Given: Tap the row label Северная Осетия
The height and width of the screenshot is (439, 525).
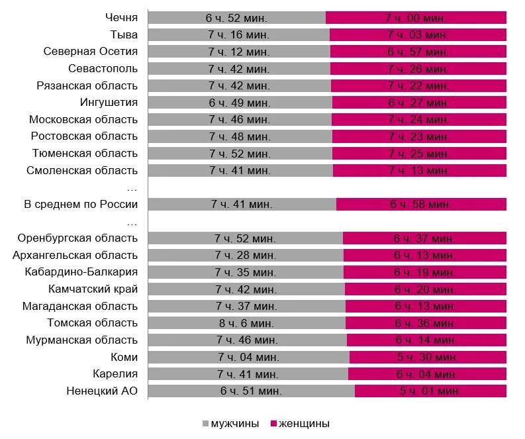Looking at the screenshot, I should pos(91,51).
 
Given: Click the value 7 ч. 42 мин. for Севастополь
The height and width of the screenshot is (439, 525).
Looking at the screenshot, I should pos(238,68).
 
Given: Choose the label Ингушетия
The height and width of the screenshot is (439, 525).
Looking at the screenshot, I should pos(109,102).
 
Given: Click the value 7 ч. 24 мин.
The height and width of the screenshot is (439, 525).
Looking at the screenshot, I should pos(418,120).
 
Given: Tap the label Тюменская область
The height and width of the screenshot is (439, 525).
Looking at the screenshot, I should pos(85,153).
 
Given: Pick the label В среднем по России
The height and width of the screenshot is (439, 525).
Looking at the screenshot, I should pos(81,204).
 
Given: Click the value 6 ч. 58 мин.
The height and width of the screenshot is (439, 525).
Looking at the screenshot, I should pos(421,205).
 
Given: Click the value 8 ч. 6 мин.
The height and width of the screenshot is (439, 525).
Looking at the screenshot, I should pos(246,323).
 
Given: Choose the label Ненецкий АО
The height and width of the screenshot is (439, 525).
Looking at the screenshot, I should pos(102,391).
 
